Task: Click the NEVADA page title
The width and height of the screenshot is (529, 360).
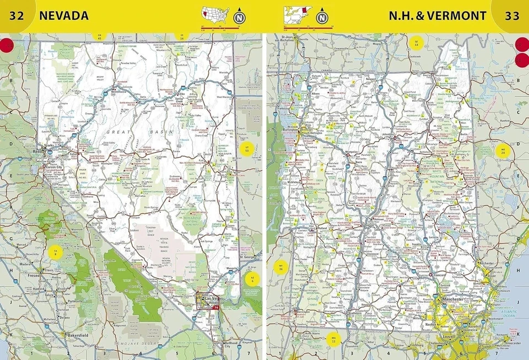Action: (x=64, y=16)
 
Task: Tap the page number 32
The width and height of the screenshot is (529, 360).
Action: (x=17, y=16)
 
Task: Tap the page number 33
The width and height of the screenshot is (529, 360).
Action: (x=512, y=16)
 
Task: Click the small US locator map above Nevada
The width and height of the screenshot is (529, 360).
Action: (x=215, y=13)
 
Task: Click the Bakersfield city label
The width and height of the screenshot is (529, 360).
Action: (x=78, y=335)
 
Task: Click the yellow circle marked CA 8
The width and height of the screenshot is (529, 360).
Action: (x=55, y=253)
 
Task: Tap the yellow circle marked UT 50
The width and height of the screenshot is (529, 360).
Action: (x=247, y=148)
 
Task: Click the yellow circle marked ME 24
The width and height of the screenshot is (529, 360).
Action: (x=503, y=151)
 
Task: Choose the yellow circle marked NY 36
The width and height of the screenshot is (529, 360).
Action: (x=282, y=268)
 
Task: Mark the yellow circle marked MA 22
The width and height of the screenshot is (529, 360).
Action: (x=333, y=340)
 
